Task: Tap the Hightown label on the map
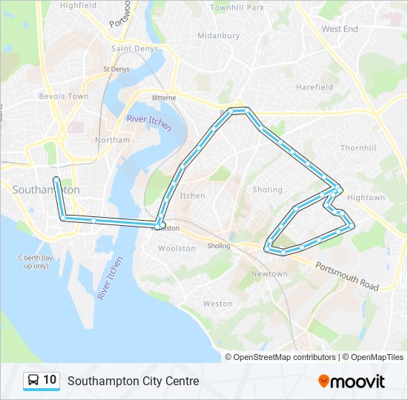(366, 198)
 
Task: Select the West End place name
(339, 29)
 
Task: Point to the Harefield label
(314, 87)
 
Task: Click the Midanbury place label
(218, 35)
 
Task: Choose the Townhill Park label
(237, 7)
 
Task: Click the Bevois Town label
(63, 96)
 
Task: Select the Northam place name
(112, 140)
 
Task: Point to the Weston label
(217, 304)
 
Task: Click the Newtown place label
(269, 274)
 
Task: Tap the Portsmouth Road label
(346, 276)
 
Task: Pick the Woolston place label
(177, 249)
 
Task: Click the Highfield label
(78, 5)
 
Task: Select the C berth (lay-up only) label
(36, 261)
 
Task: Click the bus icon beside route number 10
(33, 381)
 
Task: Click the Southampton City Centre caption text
(134, 381)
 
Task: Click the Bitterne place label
(164, 98)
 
